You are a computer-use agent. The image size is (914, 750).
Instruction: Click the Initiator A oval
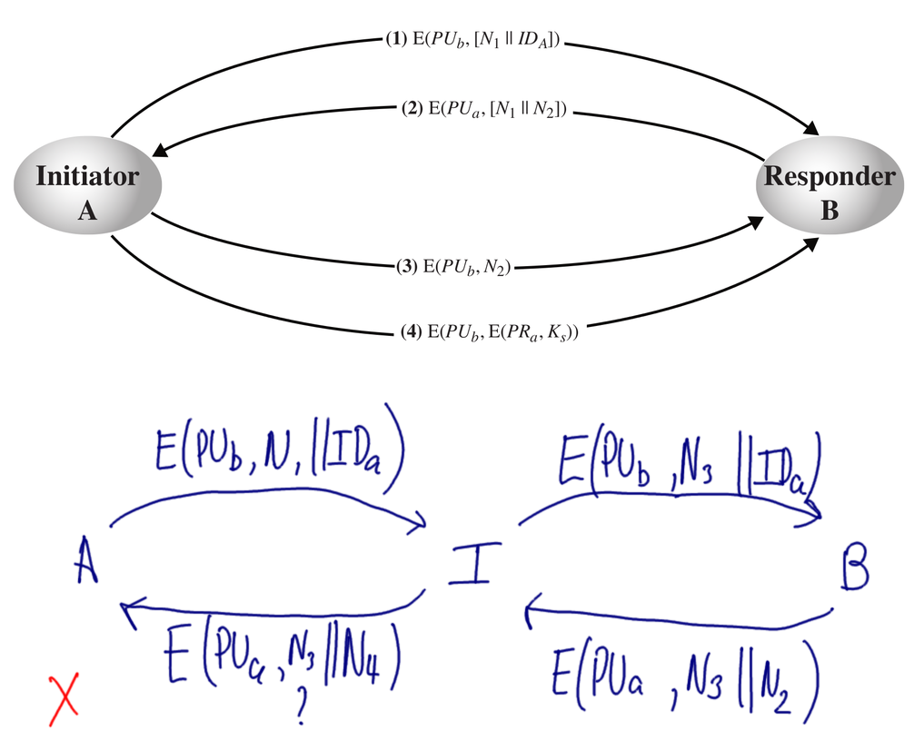(x=87, y=192)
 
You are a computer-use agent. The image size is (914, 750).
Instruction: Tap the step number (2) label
(x=410, y=110)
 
